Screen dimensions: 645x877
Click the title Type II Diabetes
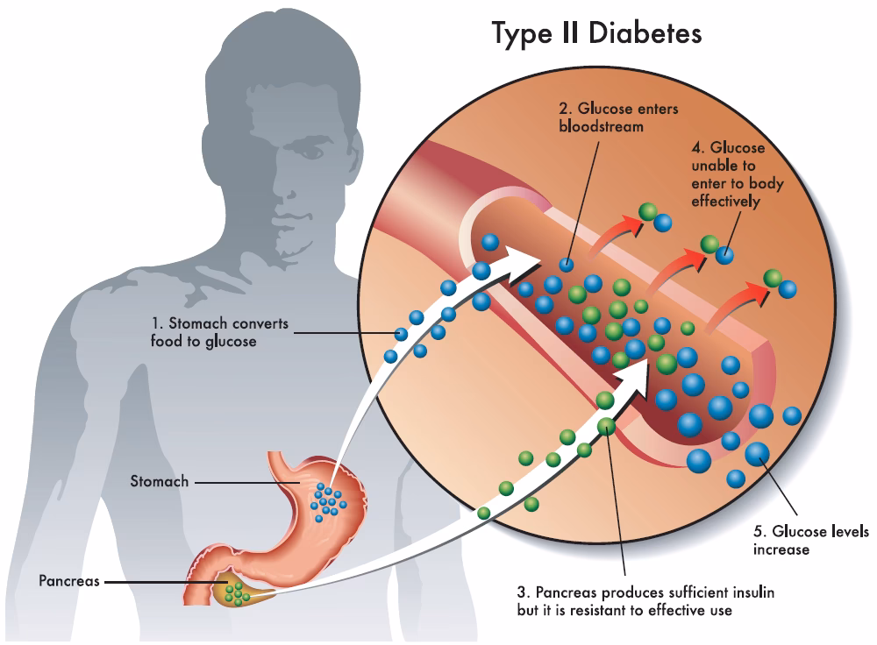coord(596,33)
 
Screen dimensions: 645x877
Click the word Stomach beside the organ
coord(159,481)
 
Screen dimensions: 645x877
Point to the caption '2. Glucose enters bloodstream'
coord(605,117)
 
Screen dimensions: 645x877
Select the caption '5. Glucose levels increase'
coord(810,541)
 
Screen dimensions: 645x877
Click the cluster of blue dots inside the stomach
coord(328,501)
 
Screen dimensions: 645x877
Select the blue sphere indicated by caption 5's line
coord(756,453)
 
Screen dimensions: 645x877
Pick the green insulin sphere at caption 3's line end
coord(606,427)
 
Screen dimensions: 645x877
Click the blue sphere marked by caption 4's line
coord(724,255)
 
